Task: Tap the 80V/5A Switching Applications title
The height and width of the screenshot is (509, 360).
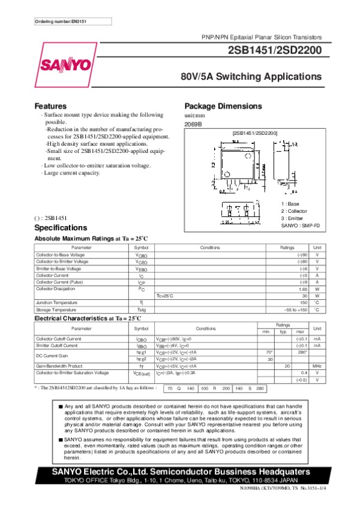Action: click(251, 77)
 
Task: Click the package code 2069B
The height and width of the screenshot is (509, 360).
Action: click(193, 124)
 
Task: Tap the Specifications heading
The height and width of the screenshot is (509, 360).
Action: click(61, 228)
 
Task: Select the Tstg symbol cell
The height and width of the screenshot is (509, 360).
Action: click(142, 309)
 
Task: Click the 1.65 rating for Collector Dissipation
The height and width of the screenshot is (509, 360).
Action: click(302, 289)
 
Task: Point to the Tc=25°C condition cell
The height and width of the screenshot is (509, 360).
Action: click(165, 296)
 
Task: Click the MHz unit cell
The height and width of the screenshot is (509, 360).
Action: click(317, 365)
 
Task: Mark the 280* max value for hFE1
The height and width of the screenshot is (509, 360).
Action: click(302, 353)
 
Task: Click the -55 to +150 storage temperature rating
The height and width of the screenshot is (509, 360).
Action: click(296, 309)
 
